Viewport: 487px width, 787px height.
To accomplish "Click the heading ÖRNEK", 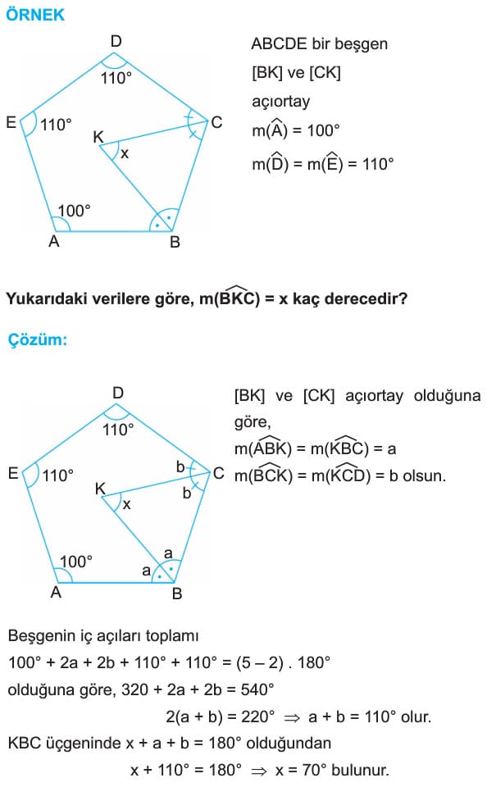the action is coord(35,14).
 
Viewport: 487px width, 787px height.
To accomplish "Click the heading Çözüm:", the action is coord(38,339).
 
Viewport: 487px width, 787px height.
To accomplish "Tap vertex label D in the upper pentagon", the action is coord(116,41).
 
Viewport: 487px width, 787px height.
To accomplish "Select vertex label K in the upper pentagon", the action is coord(98,137).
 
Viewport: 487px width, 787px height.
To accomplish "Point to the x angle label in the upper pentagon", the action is coord(125,153).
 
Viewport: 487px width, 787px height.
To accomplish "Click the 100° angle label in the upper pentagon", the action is coord(75,211).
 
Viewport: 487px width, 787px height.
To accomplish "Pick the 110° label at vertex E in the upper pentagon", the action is coord(57,125).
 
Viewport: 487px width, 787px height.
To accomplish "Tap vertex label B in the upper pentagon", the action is coord(175,242).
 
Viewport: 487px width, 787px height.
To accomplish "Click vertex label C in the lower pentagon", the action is coord(218,473).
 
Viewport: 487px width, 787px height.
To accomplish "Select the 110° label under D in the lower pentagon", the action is coord(118,430).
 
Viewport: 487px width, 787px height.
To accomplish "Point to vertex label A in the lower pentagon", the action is coord(56,592).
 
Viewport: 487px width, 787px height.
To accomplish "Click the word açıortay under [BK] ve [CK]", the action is coord(280,102).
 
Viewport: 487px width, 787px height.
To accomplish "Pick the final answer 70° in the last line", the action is coord(314,770).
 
